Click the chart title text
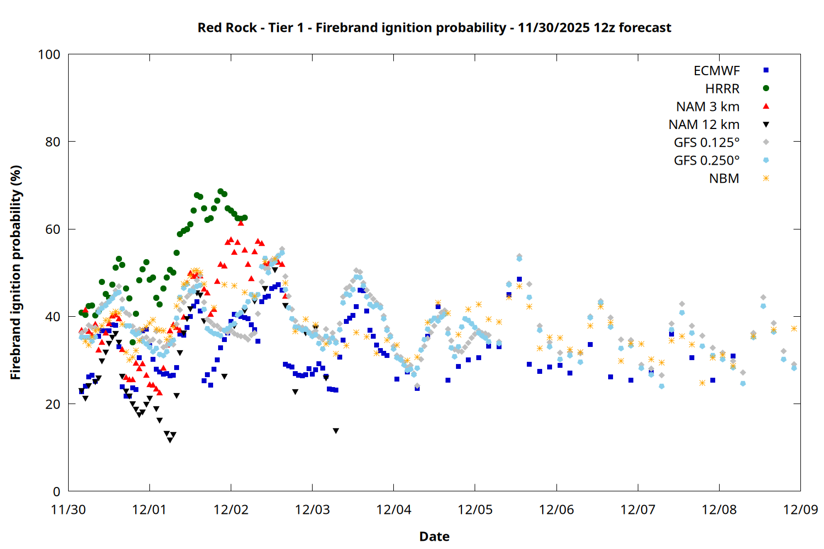click(x=434, y=27)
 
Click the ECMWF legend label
click(x=716, y=71)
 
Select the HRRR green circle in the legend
click(x=766, y=88)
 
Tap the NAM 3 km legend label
click(x=708, y=107)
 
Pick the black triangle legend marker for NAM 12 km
click(x=766, y=125)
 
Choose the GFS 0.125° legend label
click(x=706, y=143)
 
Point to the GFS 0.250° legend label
click(x=706, y=161)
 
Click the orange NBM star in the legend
click(x=766, y=178)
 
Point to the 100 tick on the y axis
click(x=49, y=54)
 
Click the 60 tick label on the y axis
click(x=53, y=229)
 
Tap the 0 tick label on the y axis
click(x=57, y=492)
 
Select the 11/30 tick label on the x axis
click(x=68, y=509)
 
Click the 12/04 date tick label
click(x=394, y=509)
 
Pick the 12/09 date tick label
click(x=800, y=509)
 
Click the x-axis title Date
click(x=434, y=536)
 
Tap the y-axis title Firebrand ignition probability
click(x=16, y=272)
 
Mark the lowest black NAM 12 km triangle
click(x=170, y=440)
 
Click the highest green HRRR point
click(x=221, y=192)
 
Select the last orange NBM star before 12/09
click(x=794, y=328)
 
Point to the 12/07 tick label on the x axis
click(x=638, y=509)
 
